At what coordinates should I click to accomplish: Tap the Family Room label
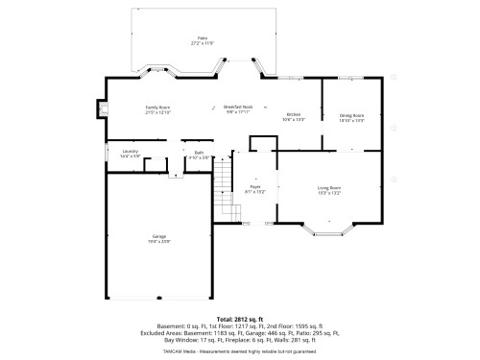pyautogui.click(x=158, y=108)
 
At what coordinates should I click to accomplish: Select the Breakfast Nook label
pyautogui.click(x=238, y=107)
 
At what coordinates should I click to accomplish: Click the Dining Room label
pyautogui.click(x=352, y=114)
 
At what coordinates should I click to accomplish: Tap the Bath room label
pyautogui.click(x=199, y=152)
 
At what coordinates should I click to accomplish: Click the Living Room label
pyautogui.click(x=329, y=187)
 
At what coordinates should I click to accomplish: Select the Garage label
pyautogui.click(x=158, y=236)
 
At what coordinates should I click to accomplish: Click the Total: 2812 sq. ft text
pyautogui.click(x=239, y=318)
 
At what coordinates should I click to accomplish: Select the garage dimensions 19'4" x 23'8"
pyautogui.click(x=158, y=241)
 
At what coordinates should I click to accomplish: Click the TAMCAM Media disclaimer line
pyautogui.click(x=239, y=350)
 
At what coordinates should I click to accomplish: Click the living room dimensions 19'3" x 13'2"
pyautogui.click(x=329, y=193)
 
